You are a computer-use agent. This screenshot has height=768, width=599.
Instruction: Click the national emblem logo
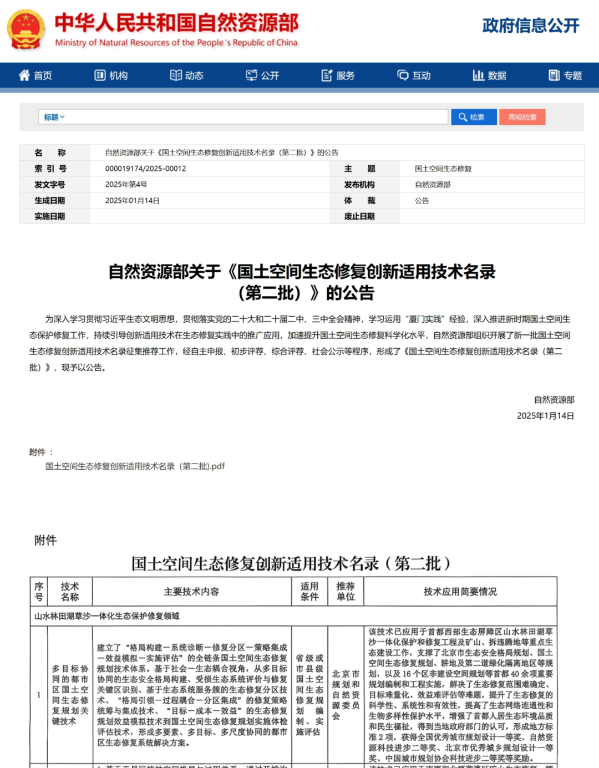[26, 30]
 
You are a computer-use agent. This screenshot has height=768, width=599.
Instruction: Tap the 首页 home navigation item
[35, 75]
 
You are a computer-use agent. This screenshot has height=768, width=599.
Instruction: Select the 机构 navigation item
[111, 75]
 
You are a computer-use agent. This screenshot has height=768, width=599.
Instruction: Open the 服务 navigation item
[338, 75]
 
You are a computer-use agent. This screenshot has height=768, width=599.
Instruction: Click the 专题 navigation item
[565, 75]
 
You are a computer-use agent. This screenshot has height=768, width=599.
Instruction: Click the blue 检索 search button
[473, 117]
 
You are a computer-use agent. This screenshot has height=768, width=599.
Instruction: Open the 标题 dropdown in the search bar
[54, 117]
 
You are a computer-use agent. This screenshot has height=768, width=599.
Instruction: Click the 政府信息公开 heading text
[530, 26]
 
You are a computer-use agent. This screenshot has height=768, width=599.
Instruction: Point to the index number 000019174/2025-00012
[145, 169]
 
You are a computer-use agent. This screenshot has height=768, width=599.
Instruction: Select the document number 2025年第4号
[126, 185]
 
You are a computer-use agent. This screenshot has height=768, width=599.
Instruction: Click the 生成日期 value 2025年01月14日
[132, 201]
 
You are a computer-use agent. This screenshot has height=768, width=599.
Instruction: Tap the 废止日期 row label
[359, 216]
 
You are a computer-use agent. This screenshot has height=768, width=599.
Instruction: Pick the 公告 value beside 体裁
[422, 201]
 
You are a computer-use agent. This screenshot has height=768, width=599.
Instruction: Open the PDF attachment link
[135, 466]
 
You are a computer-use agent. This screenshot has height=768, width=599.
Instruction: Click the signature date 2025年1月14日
[545, 416]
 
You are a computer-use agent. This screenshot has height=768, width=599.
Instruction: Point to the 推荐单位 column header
[346, 592]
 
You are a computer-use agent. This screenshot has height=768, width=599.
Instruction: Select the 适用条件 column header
[309, 592]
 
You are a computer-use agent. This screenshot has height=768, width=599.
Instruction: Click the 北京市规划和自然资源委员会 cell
[346, 695]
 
